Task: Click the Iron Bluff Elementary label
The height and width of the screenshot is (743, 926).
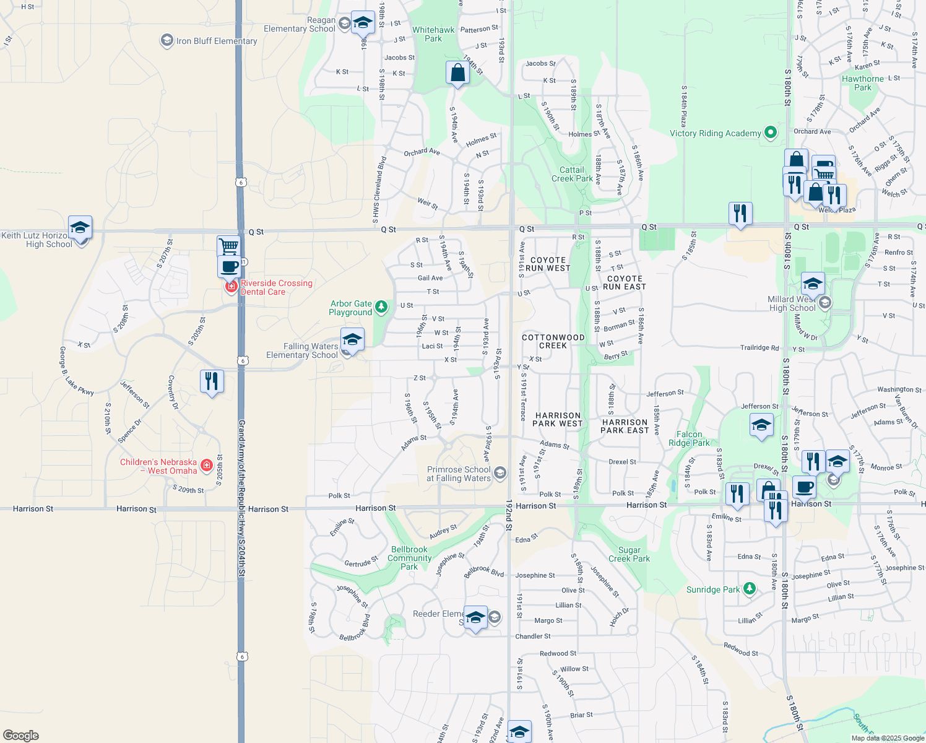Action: [216, 41]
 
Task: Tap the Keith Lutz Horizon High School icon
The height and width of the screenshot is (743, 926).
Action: [80, 228]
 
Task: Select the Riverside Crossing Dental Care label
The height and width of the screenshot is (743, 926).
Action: [276, 287]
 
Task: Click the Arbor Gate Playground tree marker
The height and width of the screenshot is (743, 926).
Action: [382, 306]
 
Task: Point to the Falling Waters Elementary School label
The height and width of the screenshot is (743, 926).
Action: [302, 350]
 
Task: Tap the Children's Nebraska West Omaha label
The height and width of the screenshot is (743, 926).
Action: [158, 466]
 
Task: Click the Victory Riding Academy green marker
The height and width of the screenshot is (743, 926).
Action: [771, 132]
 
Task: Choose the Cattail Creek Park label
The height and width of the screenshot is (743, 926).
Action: [572, 174]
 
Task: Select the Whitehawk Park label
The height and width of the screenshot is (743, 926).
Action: [433, 34]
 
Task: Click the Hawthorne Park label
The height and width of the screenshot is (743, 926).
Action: [863, 83]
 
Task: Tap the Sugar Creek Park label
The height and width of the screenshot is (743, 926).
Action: [629, 554]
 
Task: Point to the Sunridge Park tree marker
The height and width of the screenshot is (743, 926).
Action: [750, 588]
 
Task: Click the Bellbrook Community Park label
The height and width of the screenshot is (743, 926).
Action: [409, 558]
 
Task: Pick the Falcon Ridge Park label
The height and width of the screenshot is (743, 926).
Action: [689, 438]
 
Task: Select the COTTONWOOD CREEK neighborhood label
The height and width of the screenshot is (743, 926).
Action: [553, 341]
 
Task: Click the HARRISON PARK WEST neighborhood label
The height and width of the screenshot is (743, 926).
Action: [557, 420]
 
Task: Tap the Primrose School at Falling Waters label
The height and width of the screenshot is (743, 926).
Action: [459, 474]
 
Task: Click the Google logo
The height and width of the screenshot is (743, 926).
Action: [21, 735]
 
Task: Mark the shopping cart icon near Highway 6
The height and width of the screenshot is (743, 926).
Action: [228, 246]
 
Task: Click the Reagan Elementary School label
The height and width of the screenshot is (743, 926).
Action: [300, 24]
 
